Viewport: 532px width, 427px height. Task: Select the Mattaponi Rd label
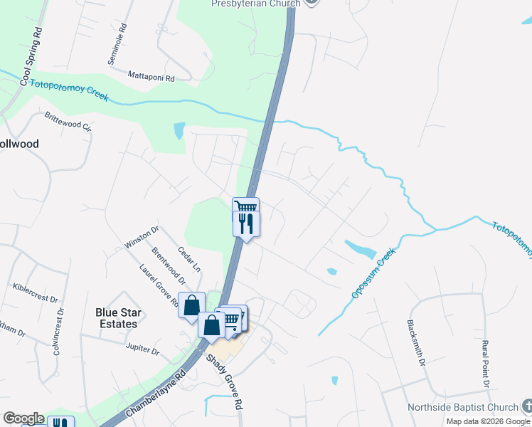tap(151, 75)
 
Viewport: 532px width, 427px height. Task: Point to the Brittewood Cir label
tap(68, 122)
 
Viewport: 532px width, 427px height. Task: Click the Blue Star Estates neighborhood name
tap(117, 318)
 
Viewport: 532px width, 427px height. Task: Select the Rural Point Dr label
tap(486, 364)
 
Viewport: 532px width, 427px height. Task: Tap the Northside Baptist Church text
tap(462, 408)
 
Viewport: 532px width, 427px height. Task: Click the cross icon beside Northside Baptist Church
tap(526, 406)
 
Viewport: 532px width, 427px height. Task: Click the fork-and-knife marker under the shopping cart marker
tap(246, 224)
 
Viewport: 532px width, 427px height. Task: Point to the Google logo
tap(23, 418)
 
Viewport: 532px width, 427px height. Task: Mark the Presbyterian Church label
tap(256, 3)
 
